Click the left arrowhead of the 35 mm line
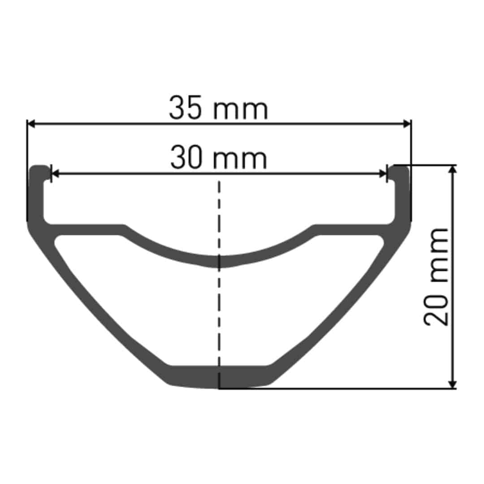31,123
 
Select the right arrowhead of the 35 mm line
407,123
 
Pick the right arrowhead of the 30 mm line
383,173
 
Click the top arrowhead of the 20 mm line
453,169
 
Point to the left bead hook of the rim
39,171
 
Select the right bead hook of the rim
400,171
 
